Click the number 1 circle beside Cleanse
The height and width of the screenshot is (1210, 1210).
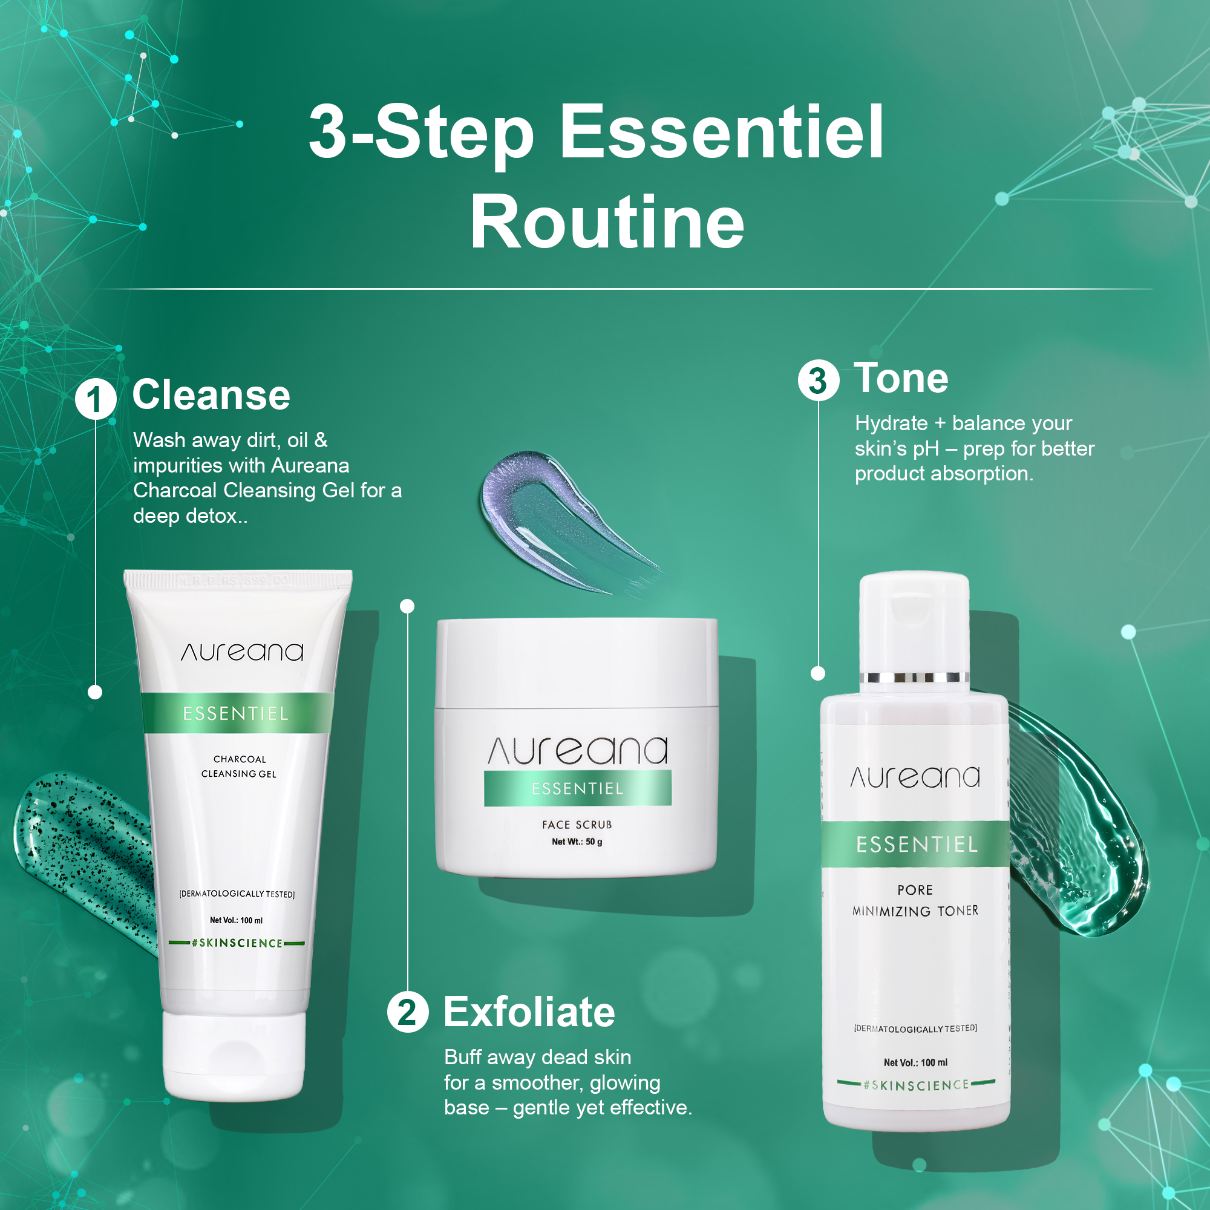click(96, 399)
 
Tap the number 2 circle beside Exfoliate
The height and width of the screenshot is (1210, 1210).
click(408, 1012)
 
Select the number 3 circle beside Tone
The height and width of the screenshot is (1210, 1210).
click(818, 380)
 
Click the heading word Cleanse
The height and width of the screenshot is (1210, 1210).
click(211, 395)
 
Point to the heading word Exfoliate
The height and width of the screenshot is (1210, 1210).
click(529, 1012)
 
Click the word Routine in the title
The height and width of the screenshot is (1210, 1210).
click(607, 221)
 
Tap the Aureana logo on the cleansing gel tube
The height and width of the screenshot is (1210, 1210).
click(242, 652)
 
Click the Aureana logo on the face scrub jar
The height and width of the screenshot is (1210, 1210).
click(577, 750)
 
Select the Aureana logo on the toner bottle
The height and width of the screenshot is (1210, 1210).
click(915, 777)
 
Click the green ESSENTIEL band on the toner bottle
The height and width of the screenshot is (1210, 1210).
click(915, 844)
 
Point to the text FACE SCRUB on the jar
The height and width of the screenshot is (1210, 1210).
click(577, 825)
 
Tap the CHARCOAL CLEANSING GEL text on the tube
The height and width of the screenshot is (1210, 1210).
click(238, 766)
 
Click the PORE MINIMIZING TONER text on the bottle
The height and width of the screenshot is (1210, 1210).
click(915, 900)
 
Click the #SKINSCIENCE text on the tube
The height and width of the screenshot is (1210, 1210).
click(237, 943)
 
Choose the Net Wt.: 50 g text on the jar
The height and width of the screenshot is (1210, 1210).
click(577, 842)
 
